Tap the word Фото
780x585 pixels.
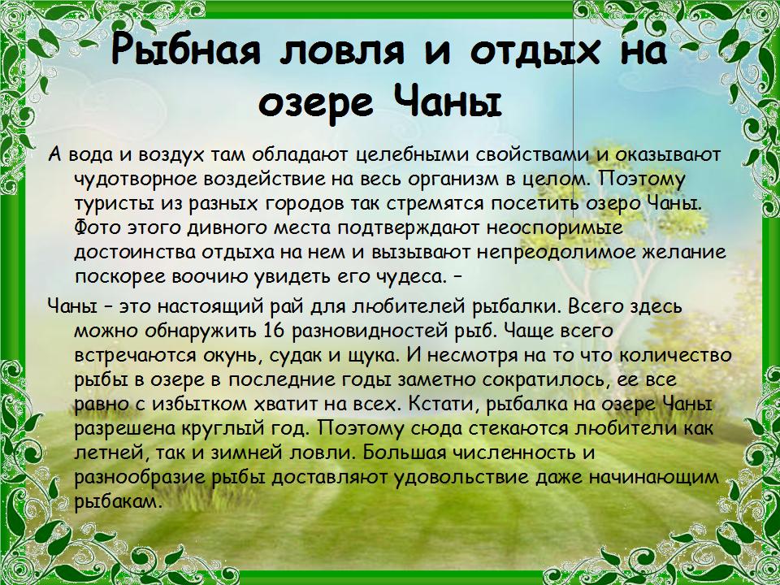tap(98, 228)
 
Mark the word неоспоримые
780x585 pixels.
tap(555, 228)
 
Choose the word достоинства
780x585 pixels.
tap(134, 253)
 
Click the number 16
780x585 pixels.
tap(274, 331)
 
